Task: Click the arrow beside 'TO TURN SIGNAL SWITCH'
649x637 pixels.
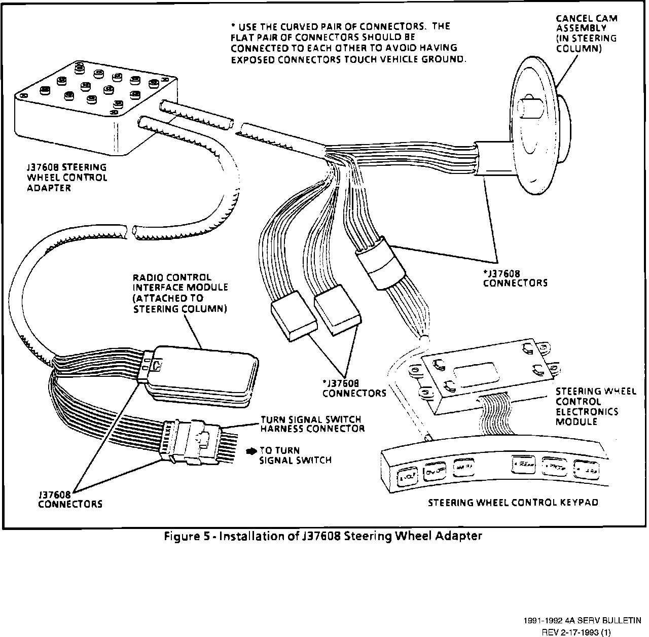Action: [x=251, y=450]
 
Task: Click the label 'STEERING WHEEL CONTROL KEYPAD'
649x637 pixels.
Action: [x=513, y=503]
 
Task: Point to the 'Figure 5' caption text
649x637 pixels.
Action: [x=322, y=536]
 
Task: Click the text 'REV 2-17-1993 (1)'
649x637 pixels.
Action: [x=576, y=632]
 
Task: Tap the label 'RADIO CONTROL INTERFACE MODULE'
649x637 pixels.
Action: [x=180, y=293]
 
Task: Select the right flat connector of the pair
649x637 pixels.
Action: [x=337, y=310]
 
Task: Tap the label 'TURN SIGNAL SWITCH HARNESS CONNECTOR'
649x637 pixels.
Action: [x=312, y=424]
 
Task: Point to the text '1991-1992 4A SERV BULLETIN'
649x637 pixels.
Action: [x=583, y=620]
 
